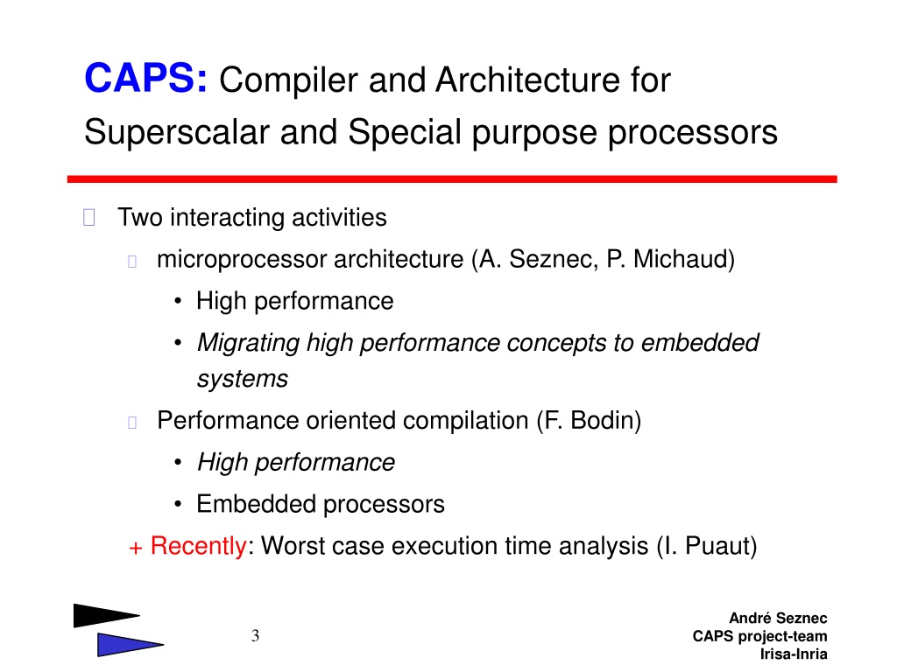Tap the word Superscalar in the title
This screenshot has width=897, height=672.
click(x=177, y=133)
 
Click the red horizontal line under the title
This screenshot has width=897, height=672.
click(x=452, y=178)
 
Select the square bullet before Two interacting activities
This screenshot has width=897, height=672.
click(x=89, y=218)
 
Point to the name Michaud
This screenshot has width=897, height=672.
click(x=680, y=259)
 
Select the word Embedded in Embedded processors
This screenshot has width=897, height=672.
click(x=256, y=504)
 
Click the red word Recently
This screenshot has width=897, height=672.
click(x=198, y=546)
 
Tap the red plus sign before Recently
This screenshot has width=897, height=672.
click(x=136, y=549)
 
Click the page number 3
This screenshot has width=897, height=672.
click(x=255, y=635)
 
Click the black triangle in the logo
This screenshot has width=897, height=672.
click(x=103, y=615)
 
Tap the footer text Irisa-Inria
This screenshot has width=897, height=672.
click(x=794, y=654)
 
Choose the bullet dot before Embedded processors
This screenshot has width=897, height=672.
click(x=179, y=505)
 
